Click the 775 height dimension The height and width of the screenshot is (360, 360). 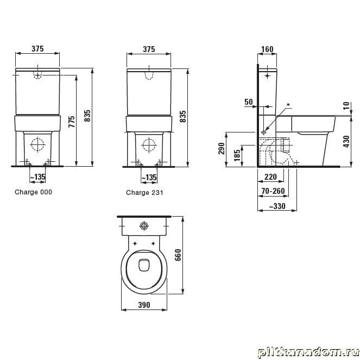(x=72, y=122)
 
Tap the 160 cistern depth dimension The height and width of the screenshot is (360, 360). (x=268, y=49)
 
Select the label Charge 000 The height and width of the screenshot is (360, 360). (x=33, y=192)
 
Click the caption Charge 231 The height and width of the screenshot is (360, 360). (x=144, y=192)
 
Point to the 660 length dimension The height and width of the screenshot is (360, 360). (x=178, y=255)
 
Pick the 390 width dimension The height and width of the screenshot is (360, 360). (x=144, y=305)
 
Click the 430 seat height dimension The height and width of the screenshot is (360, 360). (x=347, y=141)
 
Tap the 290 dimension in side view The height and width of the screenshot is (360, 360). (x=222, y=149)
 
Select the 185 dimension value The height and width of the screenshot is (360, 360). (x=237, y=155)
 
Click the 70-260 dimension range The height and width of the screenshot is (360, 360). (x=273, y=191)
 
